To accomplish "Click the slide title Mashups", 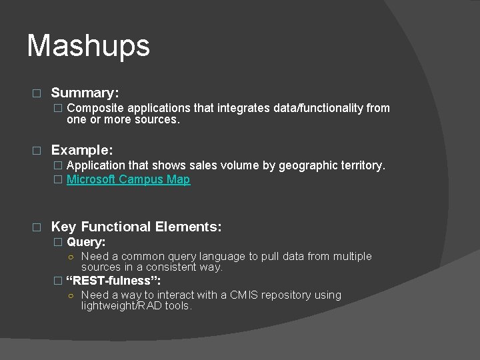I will (x=88, y=46).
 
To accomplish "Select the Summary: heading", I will (x=85, y=93).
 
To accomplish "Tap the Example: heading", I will (x=82, y=150).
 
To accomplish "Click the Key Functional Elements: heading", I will (x=136, y=227).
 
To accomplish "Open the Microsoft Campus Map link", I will (x=128, y=179).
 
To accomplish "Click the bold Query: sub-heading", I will (x=86, y=242).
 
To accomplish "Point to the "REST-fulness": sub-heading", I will (x=113, y=281).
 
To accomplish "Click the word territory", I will (x=361, y=165).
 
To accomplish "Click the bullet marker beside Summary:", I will (x=37, y=93).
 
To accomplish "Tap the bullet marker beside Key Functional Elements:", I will (x=37, y=227).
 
